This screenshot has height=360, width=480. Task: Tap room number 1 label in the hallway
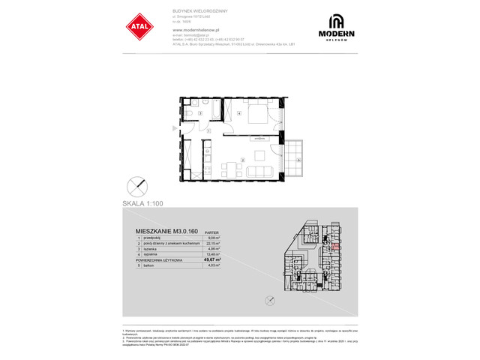[209, 132]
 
